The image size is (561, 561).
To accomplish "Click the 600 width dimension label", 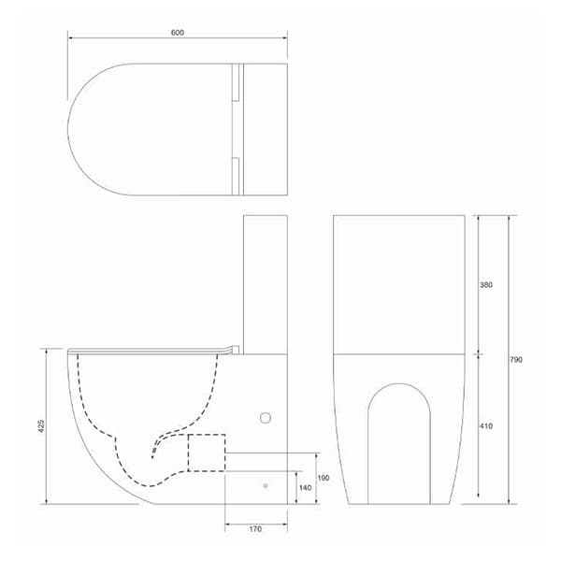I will (178, 33).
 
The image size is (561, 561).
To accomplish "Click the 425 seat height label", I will (41, 425).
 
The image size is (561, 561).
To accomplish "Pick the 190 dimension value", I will (324, 478).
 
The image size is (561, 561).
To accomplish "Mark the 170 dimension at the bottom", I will (256, 529).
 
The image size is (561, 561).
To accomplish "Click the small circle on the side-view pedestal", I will (265, 418).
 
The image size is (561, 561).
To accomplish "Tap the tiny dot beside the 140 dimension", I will (266, 486).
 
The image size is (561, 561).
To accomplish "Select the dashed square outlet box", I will (207, 453).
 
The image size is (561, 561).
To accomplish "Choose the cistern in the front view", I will (399, 283).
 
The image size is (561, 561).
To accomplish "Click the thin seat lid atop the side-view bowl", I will (150, 350).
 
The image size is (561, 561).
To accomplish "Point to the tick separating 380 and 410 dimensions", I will (479, 354).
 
